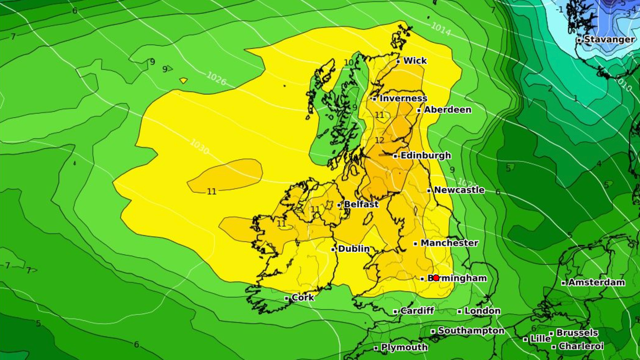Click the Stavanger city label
pos(609,40)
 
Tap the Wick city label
pos(415,61)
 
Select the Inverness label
pos(403,98)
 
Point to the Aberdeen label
pos(447,110)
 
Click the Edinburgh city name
pos(425,155)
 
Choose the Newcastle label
pos(459,190)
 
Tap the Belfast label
pos(361,204)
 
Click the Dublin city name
pos(354,249)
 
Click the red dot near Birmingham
pos(436,278)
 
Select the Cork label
pos(302,298)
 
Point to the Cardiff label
pos(417,311)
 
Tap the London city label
pos(482,311)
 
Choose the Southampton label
pos(471,331)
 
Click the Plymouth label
pos(404,348)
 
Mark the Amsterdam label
pos(596,282)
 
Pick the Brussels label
pos(577,333)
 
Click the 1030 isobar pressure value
pos(199,147)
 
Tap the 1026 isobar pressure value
pos(216,78)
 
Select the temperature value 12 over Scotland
pos(379,140)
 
